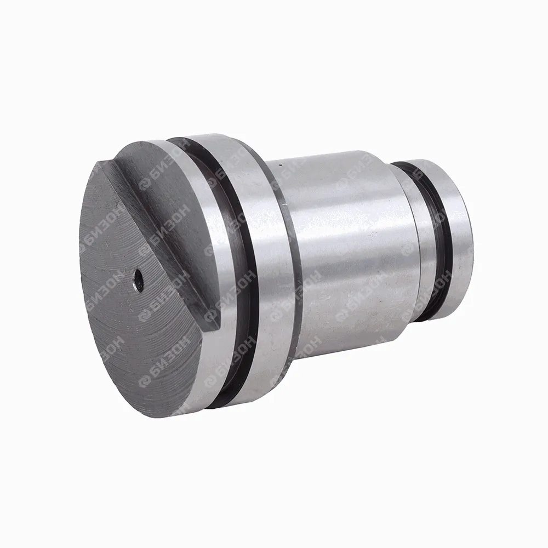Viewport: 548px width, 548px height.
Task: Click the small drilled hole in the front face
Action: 139,280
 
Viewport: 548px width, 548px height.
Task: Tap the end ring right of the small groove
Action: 454,238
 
